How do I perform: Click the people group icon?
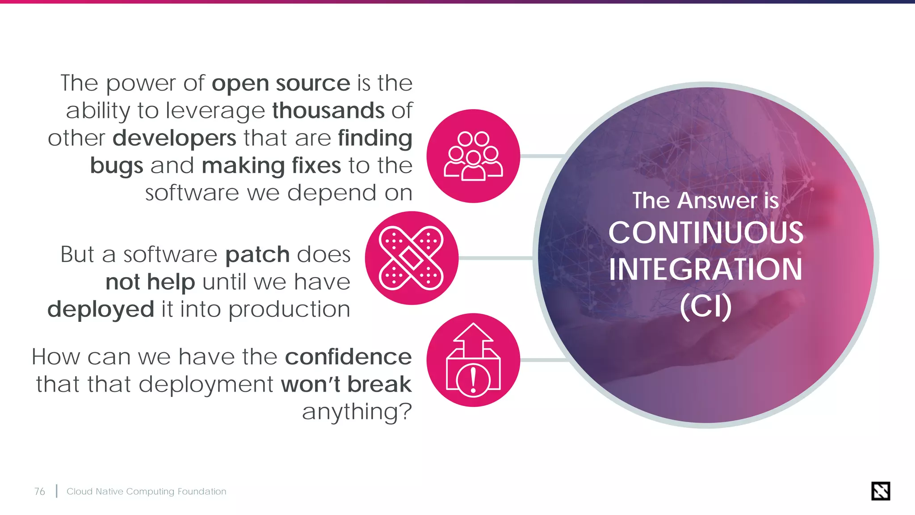473,156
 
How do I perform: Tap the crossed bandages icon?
411,258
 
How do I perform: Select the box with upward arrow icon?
473,360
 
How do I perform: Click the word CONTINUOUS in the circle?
705,233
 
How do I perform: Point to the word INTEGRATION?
705,269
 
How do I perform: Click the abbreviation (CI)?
705,306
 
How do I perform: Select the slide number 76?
39,491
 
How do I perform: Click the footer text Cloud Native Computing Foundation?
146,491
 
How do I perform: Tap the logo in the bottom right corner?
880,491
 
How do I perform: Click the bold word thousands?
328,110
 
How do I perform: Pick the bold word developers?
174,138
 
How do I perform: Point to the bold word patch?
258,255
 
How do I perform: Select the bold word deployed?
101,309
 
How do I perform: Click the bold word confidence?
348,357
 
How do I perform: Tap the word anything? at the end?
357,412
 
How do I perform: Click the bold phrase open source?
281,83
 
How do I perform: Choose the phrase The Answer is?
705,200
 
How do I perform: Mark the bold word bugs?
116,165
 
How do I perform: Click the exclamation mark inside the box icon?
473,380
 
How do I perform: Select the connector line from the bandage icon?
496,258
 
